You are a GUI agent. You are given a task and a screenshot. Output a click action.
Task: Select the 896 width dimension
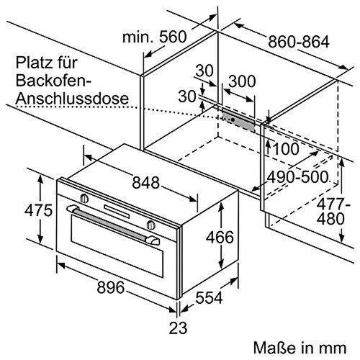(112, 288)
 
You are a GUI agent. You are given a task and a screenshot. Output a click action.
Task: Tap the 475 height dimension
(21, 211)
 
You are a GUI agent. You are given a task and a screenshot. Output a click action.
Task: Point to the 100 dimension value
(288, 149)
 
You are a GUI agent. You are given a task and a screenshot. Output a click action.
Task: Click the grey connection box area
(238, 120)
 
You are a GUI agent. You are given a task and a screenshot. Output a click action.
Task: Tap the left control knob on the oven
(85, 197)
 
